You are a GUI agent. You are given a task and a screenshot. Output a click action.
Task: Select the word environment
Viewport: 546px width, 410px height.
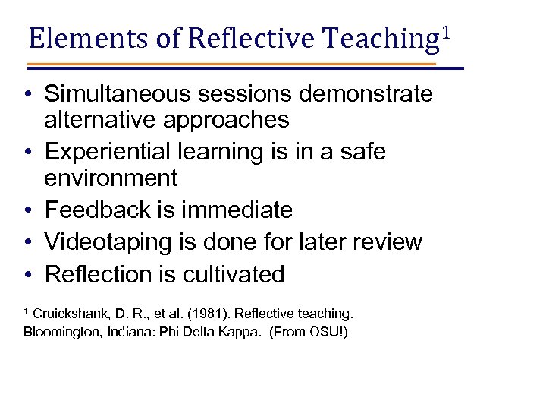coord(111,178)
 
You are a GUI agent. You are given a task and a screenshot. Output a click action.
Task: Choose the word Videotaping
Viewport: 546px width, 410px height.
coord(107,242)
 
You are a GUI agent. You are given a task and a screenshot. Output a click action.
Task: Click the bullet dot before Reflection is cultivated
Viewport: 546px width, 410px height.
coord(27,275)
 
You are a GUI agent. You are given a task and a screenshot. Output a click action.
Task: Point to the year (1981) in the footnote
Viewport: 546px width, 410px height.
coord(195,314)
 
